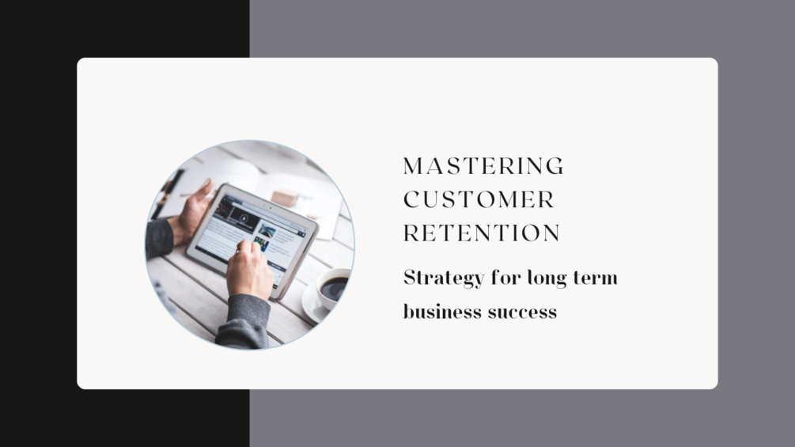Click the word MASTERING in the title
click(483, 166)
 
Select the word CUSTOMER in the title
click(479, 199)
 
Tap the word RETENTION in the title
click(482, 233)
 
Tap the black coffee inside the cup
click(334, 286)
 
